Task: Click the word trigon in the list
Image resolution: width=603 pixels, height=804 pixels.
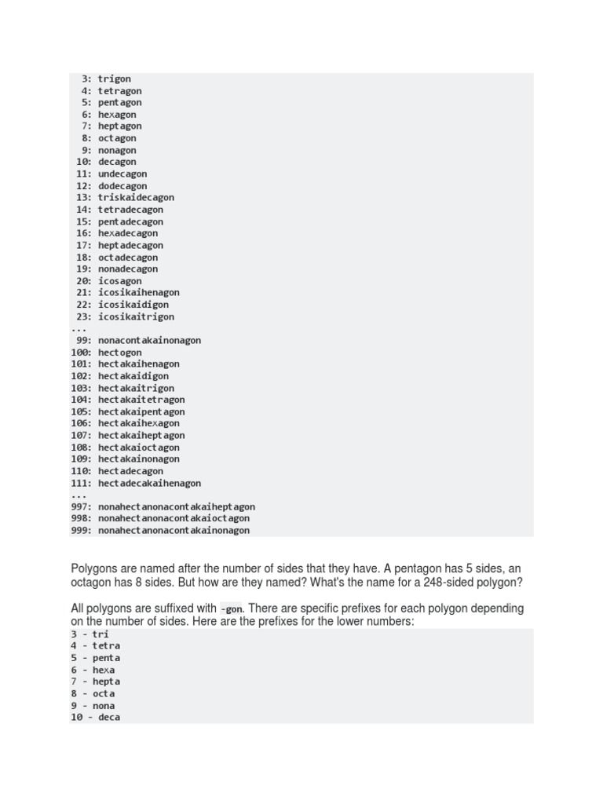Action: pos(115,79)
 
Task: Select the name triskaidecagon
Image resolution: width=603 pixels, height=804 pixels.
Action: pos(136,198)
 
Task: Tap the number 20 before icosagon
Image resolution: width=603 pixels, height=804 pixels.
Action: pos(84,281)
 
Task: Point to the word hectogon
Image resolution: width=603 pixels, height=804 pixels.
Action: pos(120,353)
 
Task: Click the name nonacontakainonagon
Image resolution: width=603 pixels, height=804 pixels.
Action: pos(149,341)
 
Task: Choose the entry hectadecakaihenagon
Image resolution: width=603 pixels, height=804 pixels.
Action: pos(149,484)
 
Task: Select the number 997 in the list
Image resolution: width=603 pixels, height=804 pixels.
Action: pos(81,507)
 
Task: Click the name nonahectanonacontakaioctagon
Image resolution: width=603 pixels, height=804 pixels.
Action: pos(174,518)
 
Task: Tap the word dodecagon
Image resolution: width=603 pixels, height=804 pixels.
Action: pos(122,186)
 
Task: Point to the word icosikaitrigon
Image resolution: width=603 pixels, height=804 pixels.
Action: pos(136,317)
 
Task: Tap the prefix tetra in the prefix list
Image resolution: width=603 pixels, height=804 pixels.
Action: pos(107,646)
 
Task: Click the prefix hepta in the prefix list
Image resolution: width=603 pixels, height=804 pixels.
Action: pos(106,682)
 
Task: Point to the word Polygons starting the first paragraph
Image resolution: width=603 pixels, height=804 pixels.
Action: pos(94,568)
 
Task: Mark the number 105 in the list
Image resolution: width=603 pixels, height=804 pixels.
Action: pos(81,412)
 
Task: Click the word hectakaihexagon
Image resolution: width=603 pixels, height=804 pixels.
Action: pos(138,424)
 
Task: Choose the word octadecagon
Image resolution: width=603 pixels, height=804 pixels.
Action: pos(128,258)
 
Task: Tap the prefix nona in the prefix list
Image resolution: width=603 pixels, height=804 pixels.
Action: pos(104,706)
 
